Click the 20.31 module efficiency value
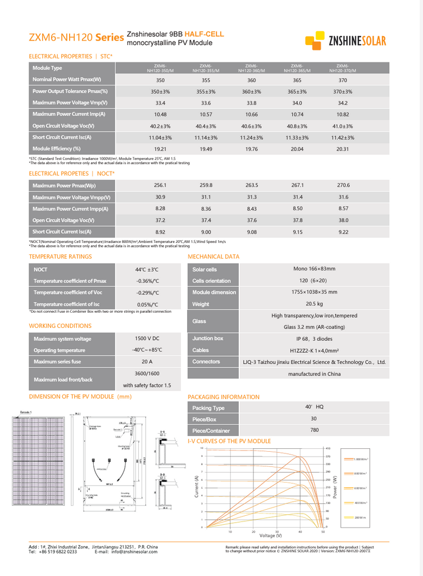[x=343, y=149]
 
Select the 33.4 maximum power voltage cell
[x=160, y=103]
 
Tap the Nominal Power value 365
[x=297, y=80]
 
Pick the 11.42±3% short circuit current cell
[x=343, y=137]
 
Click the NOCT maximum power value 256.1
[x=160, y=185]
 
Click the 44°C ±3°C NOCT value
[x=147, y=269]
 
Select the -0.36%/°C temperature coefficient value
[x=147, y=281]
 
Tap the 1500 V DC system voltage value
[x=147, y=339]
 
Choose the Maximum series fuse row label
[x=57, y=362]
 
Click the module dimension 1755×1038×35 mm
[x=315, y=292]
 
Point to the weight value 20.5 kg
[x=315, y=304]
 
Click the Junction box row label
[x=208, y=339]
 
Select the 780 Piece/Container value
[x=315, y=430]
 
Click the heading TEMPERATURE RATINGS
[x=60, y=256]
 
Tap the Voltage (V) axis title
[x=271, y=535]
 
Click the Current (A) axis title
[x=197, y=486]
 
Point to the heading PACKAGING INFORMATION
[x=224, y=397]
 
